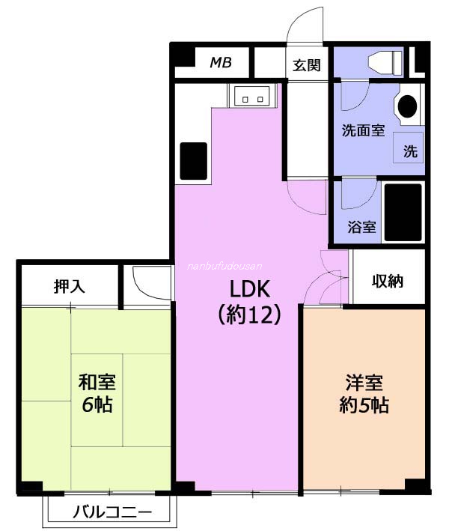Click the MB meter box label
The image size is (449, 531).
point(221,62)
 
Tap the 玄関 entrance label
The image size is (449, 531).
point(307,65)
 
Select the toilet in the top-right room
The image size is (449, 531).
point(385,62)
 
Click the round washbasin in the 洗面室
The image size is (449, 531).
point(407,106)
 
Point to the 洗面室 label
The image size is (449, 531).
point(363,130)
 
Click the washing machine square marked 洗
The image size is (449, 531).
point(408,148)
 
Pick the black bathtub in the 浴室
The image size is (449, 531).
point(403,213)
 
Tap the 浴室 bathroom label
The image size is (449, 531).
point(361,227)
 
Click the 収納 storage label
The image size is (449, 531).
point(388,281)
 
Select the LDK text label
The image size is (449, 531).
point(250,289)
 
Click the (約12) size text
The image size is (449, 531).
point(250,315)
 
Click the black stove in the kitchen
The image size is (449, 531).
point(194,161)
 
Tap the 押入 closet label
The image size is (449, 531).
point(70,287)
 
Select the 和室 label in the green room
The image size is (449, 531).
point(97,382)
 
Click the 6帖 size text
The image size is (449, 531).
point(97,404)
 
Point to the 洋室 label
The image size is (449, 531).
point(364,383)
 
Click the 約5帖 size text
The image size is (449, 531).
point(364,404)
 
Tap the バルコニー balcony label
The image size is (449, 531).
point(112,512)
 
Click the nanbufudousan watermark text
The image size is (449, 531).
point(224,266)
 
